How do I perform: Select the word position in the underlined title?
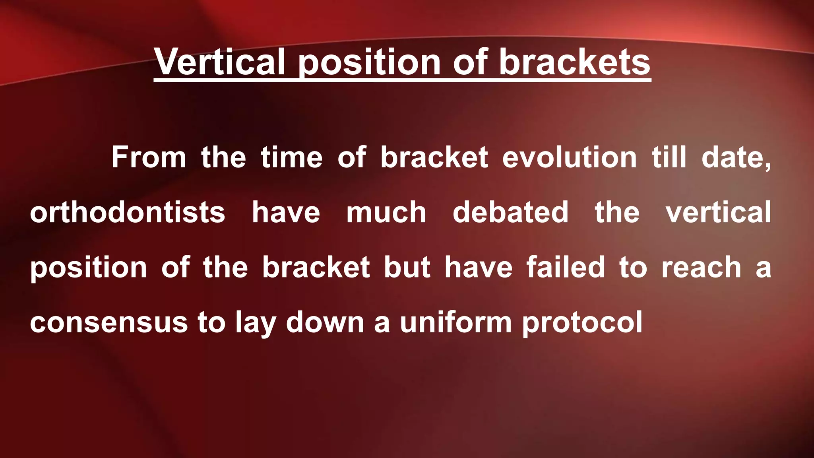(x=369, y=63)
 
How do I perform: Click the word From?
(x=149, y=157)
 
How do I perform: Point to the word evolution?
(x=570, y=157)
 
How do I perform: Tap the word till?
(x=669, y=157)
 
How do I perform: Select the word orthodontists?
(x=128, y=212)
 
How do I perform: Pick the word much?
(x=386, y=212)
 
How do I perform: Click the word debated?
(x=510, y=212)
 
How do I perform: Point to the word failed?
(x=566, y=267)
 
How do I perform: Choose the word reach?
(x=701, y=267)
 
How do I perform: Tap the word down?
(x=325, y=322)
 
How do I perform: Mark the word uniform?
(x=455, y=322)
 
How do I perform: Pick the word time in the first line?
(x=291, y=157)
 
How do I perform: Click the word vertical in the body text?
(x=719, y=212)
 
